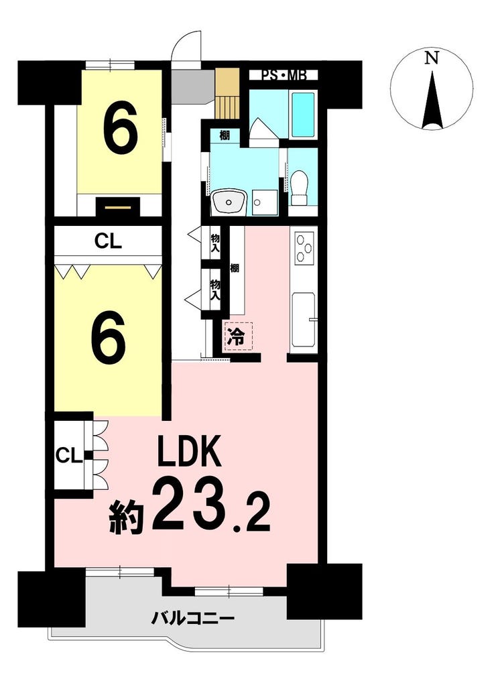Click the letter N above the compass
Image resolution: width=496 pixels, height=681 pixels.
click(x=431, y=58)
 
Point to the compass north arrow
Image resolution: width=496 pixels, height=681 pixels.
click(x=432, y=101)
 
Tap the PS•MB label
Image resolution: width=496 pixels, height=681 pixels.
click(x=284, y=75)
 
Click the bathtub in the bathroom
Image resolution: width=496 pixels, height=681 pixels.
click(x=303, y=114)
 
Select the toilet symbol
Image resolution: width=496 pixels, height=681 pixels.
click(x=299, y=187)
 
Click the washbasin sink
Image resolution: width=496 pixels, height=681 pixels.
click(x=229, y=202)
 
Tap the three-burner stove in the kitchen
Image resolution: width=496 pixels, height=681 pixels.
click(x=304, y=248)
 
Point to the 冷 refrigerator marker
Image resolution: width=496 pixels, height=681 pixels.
click(x=237, y=336)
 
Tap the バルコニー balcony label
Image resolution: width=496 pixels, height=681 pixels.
click(x=193, y=617)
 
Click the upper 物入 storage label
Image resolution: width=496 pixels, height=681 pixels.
click(x=215, y=244)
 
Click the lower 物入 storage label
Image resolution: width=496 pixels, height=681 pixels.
click(x=215, y=290)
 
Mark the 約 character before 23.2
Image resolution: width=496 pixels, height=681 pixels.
click(x=127, y=517)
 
